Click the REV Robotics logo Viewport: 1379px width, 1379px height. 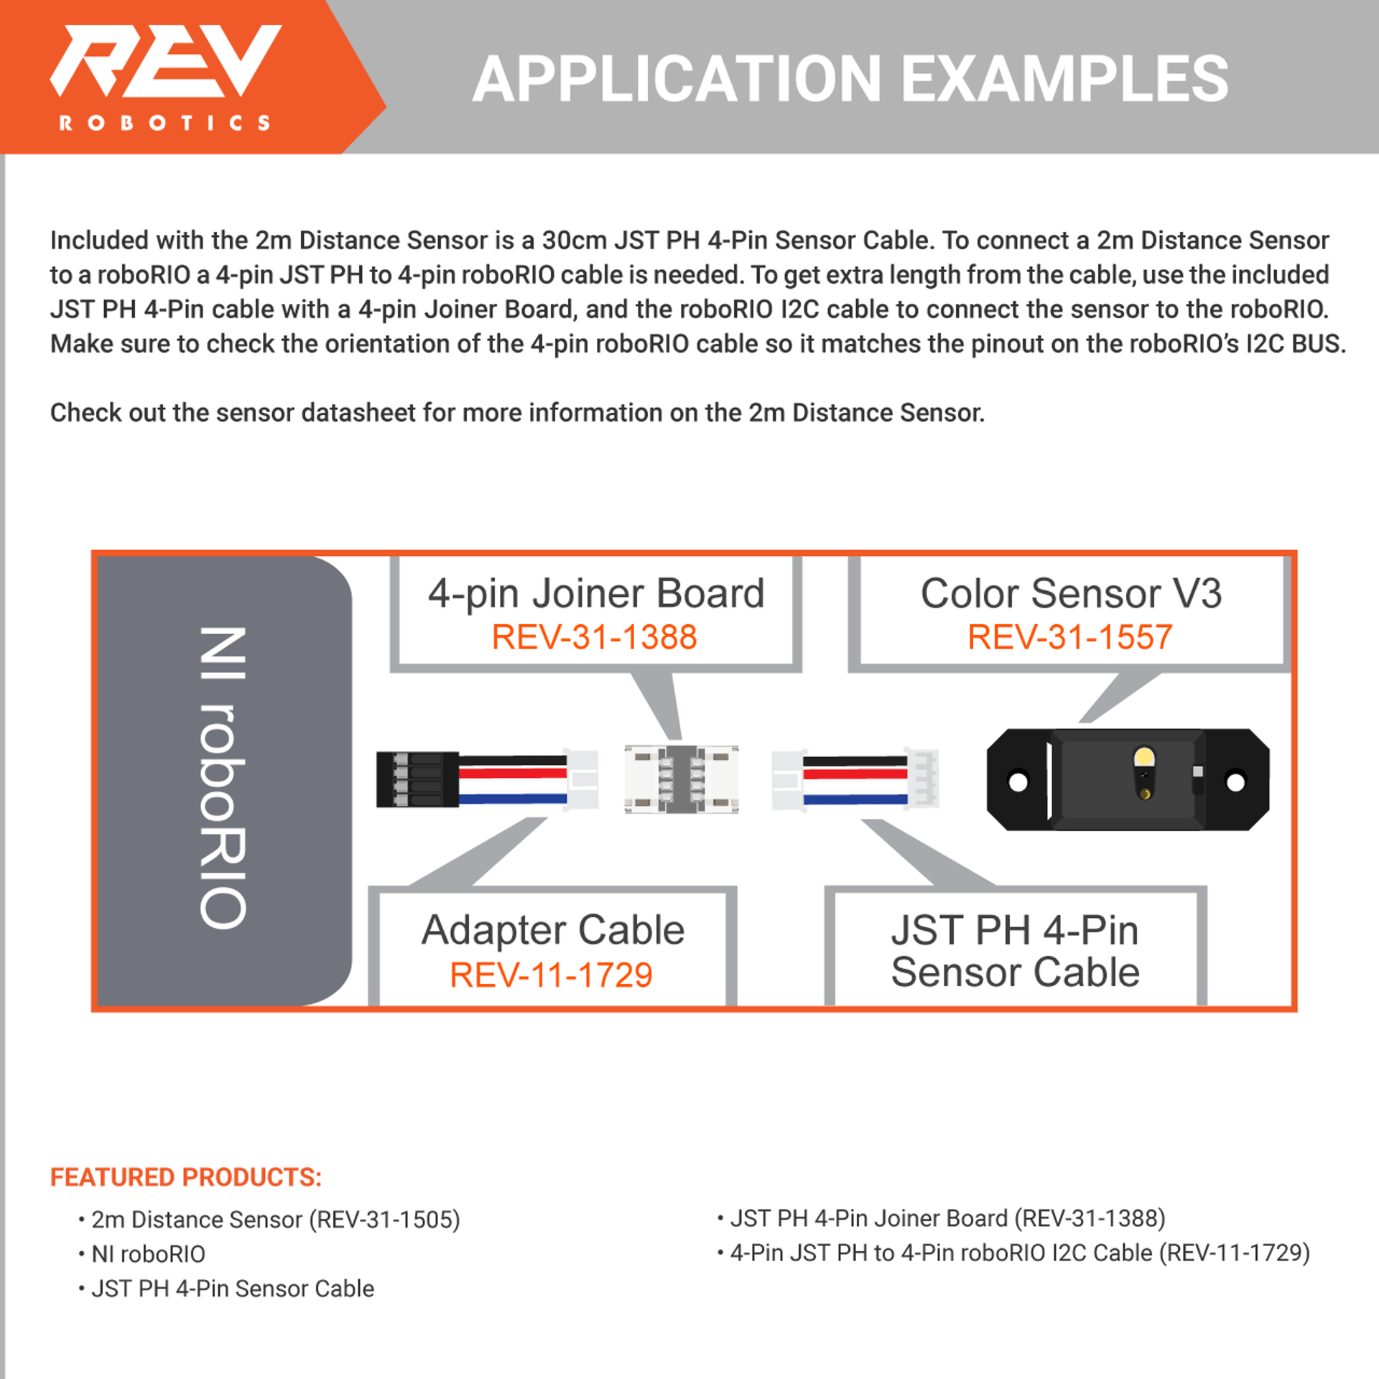165,75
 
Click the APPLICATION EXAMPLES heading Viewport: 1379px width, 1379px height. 850,79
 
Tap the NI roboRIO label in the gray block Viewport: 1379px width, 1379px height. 223,778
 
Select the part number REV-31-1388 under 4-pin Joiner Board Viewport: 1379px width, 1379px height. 594,637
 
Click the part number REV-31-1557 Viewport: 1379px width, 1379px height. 1069,637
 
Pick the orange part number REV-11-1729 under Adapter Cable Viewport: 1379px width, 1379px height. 551,975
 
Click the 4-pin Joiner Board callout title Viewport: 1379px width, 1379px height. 596,593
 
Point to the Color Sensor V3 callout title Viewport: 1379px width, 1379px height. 1071,593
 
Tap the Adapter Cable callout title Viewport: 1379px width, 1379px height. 553,930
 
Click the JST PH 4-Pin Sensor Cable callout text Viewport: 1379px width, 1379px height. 1015,951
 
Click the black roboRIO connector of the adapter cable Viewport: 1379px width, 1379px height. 417,779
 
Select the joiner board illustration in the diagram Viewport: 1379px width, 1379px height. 681,779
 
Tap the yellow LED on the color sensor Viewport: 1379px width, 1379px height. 1144,757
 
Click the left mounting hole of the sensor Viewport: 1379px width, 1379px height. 1018,781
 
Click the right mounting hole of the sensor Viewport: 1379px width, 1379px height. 1235,781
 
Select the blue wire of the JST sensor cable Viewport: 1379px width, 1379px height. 855,799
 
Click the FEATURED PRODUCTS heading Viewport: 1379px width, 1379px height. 186,1177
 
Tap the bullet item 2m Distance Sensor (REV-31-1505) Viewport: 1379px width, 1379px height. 275,1220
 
